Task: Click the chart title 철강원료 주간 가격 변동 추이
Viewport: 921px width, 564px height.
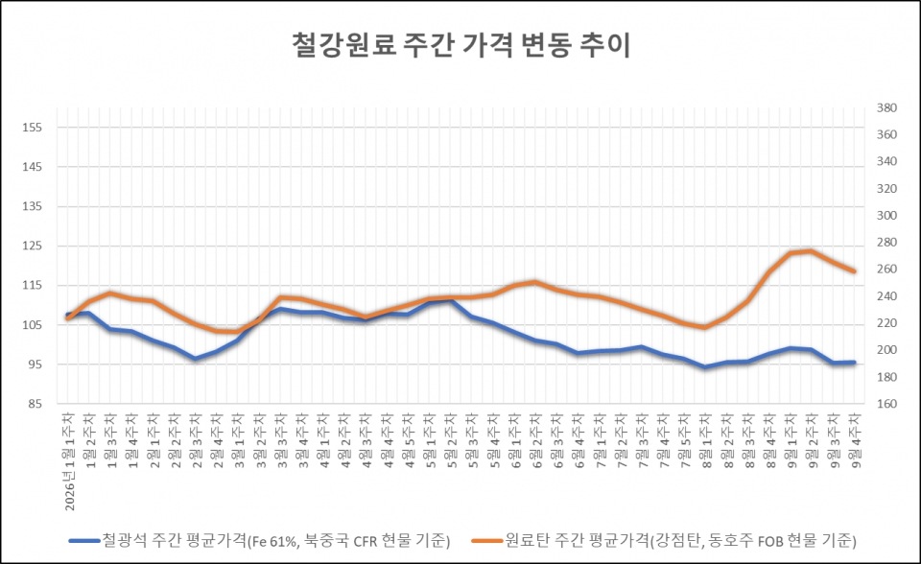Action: [x=461, y=45]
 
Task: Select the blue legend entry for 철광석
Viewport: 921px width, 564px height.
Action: [x=260, y=540]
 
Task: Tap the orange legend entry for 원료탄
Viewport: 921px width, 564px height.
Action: [x=664, y=540]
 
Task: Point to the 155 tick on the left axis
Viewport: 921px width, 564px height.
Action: [x=33, y=128]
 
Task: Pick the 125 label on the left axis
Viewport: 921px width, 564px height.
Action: [x=33, y=246]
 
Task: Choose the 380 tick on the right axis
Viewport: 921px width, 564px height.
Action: [x=886, y=107]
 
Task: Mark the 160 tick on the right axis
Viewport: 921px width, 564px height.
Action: [x=886, y=404]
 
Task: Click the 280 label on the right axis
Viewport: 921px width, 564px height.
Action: [x=886, y=242]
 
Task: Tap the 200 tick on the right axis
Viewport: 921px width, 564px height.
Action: [x=886, y=349]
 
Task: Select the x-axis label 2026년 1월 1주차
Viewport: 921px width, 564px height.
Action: [x=69, y=461]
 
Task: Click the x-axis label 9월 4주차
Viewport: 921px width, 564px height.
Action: [x=855, y=440]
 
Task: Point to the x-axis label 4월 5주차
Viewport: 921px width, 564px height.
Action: [x=409, y=440]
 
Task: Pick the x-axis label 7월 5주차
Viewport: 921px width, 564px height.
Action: [x=685, y=440]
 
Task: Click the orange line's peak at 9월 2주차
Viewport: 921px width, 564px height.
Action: [x=812, y=251]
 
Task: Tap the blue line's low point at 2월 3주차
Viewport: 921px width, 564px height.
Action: [x=196, y=358]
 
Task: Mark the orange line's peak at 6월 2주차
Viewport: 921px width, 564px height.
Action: [x=535, y=282]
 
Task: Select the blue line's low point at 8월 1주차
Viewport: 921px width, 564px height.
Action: [x=705, y=366]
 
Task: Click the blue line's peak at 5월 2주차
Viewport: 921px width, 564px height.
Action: [x=451, y=301]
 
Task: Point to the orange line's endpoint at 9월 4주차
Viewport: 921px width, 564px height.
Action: [x=854, y=271]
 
